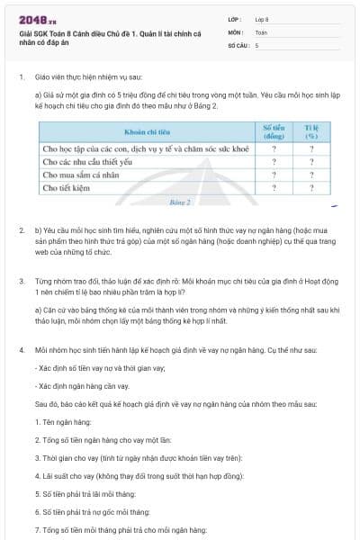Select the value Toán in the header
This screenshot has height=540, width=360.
point(261,31)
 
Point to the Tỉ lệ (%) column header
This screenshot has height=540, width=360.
point(311,131)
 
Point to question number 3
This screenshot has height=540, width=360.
point(22,281)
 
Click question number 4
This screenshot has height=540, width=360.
point(22,347)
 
